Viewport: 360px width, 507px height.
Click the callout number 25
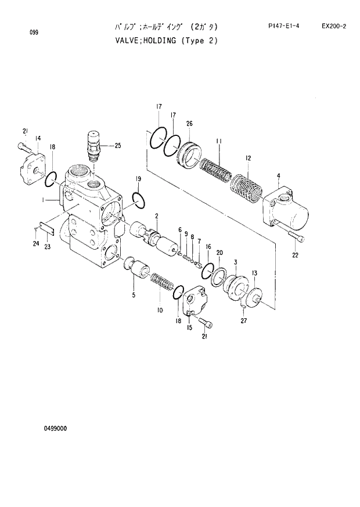pos(118,145)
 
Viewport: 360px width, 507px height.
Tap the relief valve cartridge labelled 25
pos(93,145)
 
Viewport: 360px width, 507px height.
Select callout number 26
pos(189,123)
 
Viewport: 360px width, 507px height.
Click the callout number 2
pos(156,216)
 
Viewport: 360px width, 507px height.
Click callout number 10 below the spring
pos(159,310)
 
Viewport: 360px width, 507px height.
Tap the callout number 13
pos(254,273)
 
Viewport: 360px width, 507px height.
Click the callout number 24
pos(35,243)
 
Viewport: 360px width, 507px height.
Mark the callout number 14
pos(38,138)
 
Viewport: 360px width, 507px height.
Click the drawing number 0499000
pos(55,429)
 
